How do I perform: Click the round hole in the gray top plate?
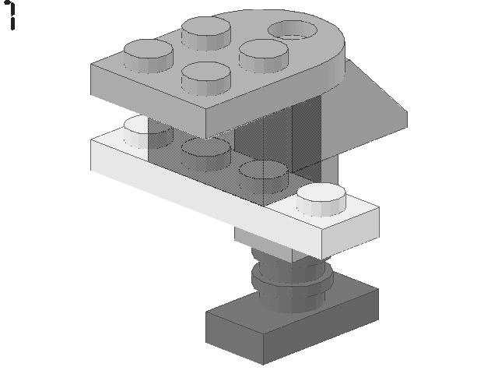(293, 30)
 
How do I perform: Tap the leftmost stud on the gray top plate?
(149, 56)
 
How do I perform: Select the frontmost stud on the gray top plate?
(205, 78)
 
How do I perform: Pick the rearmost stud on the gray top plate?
(206, 33)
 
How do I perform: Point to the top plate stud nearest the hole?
(264, 55)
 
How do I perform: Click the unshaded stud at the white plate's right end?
(321, 199)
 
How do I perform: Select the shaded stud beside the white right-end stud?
(264, 177)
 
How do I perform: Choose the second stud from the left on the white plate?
(205, 154)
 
